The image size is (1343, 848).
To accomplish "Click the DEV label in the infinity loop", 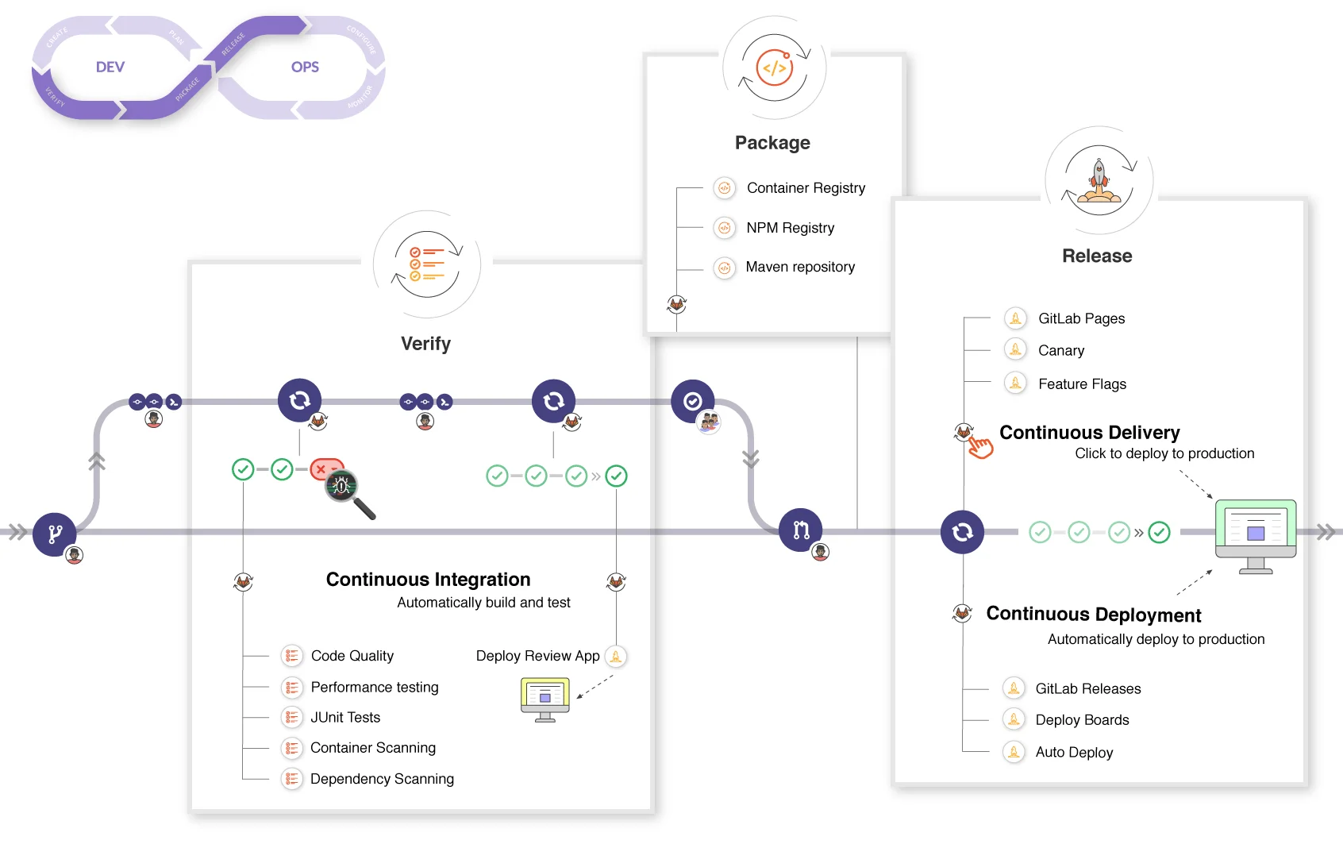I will click(110, 67).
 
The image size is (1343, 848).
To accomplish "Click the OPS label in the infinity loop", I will click(305, 67).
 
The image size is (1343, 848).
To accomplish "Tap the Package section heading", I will click(772, 143).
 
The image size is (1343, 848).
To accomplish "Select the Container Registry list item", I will click(805, 188).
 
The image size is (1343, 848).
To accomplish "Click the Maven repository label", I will click(799, 267).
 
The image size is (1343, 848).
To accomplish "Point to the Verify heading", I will click(425, 344).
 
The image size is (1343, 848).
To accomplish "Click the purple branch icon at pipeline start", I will click(55, 534).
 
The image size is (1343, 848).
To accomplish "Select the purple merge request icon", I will click(800, 530).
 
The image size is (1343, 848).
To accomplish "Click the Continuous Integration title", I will click(428, 580).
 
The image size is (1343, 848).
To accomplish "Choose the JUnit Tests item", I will click(344, 718).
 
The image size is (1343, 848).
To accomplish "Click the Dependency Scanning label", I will click(382, 779).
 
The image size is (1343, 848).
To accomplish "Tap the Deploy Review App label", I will click(537, 656).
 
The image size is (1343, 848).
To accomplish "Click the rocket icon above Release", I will click(1099, 181).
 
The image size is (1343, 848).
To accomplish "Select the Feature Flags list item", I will click(1081, 384).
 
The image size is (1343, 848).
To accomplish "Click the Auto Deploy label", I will click(1073, 753).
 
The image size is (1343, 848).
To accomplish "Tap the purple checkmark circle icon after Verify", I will click(693, 401).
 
